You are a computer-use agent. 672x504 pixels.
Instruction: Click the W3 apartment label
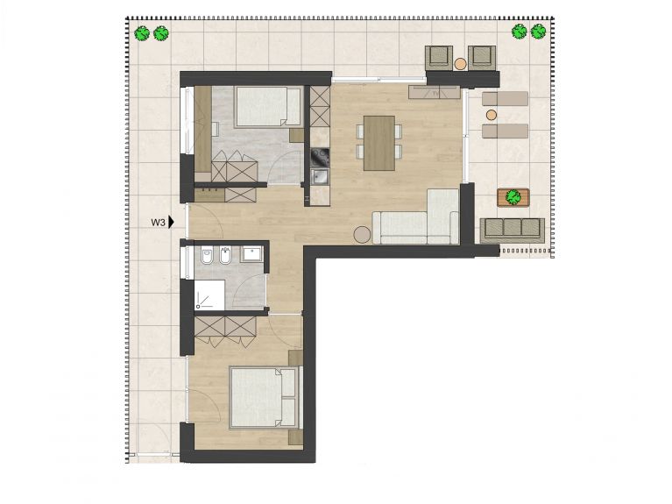coord(158,222)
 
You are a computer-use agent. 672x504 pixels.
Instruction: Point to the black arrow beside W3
coord(171,222)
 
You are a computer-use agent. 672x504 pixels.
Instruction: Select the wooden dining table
coord(379,143)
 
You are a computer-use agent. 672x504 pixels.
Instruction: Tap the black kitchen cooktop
coord(320,158)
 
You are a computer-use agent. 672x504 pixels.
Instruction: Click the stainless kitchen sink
coord(320,177)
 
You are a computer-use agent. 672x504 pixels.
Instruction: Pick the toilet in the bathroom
coord(208,255)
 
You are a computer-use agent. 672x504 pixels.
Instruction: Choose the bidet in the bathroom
coord(225,255)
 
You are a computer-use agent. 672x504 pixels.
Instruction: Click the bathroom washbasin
coord(253,253)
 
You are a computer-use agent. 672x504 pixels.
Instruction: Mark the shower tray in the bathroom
coord(209,295)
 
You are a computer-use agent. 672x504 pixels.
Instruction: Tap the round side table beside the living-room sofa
coord(363,235)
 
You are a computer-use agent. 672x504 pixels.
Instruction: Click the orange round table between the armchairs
coord(460,64)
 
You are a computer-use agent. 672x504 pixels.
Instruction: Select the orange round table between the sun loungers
coord(492,115)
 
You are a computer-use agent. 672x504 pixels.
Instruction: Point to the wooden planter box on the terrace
coord(513,197)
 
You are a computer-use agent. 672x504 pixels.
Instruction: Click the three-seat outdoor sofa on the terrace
coord(513,230)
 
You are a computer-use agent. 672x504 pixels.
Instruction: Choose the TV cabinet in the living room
coord(435,93)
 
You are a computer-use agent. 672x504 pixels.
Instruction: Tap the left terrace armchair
coord(439,58)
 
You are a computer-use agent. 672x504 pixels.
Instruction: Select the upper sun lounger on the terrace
coord(505,99)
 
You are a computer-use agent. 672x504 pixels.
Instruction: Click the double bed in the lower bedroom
coord(264,397)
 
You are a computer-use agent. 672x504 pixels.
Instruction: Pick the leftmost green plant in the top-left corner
coord(142,33)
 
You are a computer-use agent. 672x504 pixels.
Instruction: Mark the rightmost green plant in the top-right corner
coord(538,32)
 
